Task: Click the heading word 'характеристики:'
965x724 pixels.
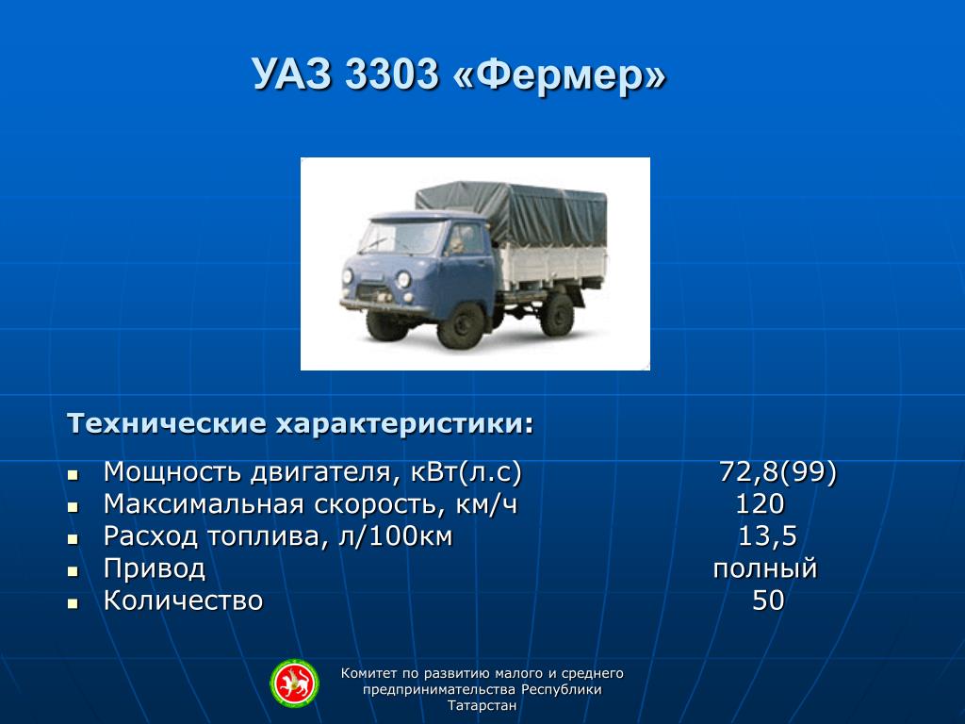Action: pyautogui.click(x=404, y=424)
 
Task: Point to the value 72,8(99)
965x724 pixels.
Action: pyautogui.click(x=777, y=472)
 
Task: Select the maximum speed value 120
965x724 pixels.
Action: pyautogui.click(x=761, y=503)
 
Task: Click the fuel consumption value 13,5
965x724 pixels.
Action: pyautogui.click(x=767, y=536)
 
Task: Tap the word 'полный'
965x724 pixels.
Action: pyautogui.click(x=765, y=568)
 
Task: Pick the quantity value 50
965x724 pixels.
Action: pyautogui.click(x=768, y=601)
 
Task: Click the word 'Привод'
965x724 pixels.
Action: pyautogui.click(x=155, y=568)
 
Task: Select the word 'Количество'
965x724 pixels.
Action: pyautogui.click(x=184, y=601)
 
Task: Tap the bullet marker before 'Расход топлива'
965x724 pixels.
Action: pyautogui.click(x=74, y=539)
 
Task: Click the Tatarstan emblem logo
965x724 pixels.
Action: pyautogui.click(x=295, y=683)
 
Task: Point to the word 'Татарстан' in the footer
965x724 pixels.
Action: pyautogui.click(x=482, y=705)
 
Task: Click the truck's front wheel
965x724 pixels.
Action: pyautogui.click(x=461, y=324)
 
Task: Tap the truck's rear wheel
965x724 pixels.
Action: pyautogui.click(x=558, y=315)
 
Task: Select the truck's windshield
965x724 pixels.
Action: pyautogui.click(x=401, y=237)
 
